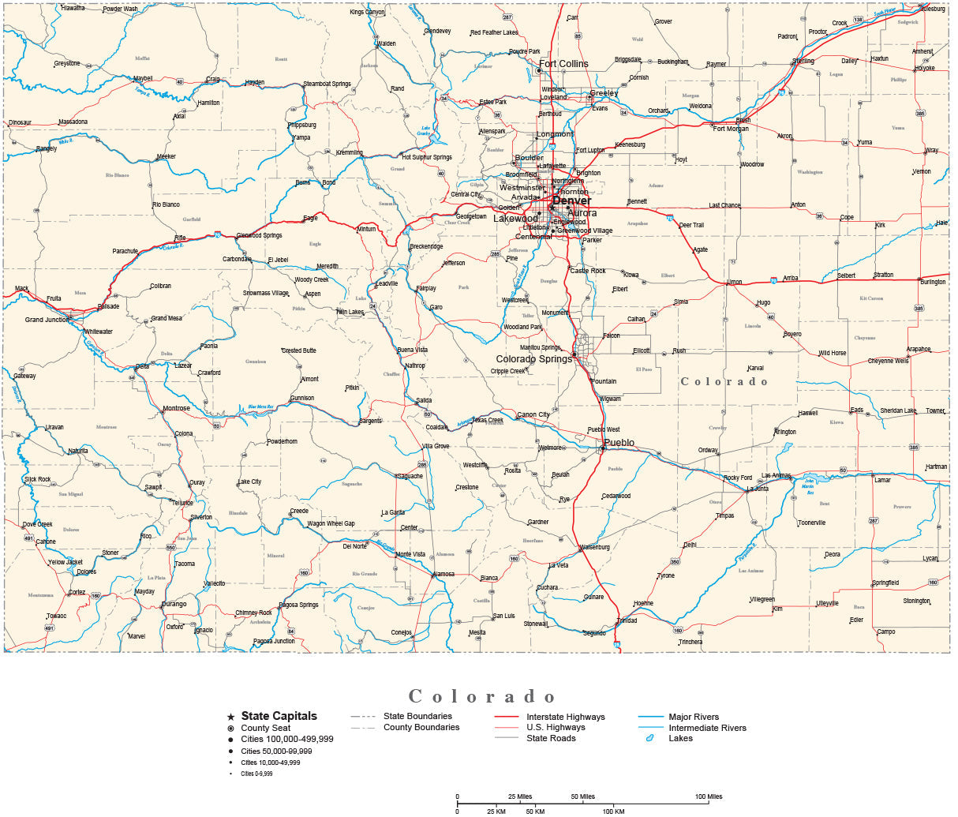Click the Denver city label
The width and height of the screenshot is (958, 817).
tap(571, 201)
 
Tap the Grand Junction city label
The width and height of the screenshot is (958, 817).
tap(47, 320)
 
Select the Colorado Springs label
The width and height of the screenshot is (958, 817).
tap(533, 359)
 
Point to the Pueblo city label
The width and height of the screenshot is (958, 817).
tap(619, 443)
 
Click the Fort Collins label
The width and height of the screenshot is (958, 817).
tap(563, 64)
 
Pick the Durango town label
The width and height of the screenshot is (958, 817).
tap(174, 604)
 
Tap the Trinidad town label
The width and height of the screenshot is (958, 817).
tap(627, 620)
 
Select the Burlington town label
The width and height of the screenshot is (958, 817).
tap(932, 282)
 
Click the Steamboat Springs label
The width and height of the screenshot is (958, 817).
tap(327, 84)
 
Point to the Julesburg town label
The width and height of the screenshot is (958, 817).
tap(932, 9)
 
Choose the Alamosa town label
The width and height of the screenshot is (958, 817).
tap(443, 575)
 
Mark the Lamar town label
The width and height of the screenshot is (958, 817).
tap(881, 480)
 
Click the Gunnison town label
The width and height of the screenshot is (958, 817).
tap(302, 399)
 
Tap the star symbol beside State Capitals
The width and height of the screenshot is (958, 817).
tap(230, 717)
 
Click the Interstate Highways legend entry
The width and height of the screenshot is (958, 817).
tap(565, 717)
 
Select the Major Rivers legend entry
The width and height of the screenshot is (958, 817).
tap(694, 717)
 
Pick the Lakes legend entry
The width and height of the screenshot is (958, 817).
tap(680, 738)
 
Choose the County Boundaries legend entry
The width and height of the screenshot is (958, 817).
tap(421, 727)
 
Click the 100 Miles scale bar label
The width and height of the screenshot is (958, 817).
tap(709, 796)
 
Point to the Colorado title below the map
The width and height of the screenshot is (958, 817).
tap(482, 696)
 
